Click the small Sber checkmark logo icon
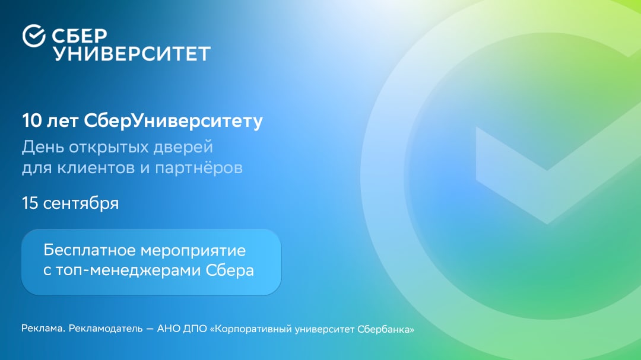[x=34, y=36]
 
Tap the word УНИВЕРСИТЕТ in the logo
[x=132, y=54]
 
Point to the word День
[x=39, y=146]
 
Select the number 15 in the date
[x=30, y=203]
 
